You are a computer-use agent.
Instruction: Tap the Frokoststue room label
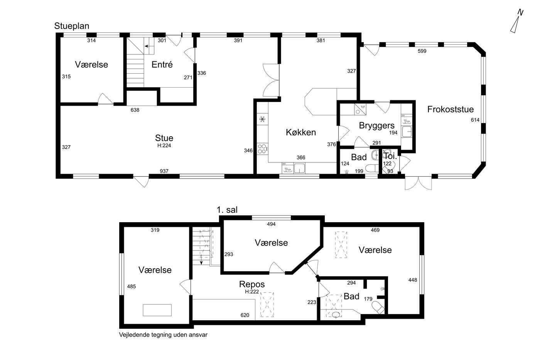451,109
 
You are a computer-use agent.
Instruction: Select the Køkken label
300,132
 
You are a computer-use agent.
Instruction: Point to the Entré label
162,64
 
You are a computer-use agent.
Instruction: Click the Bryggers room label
376,126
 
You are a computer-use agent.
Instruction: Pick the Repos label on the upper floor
251,284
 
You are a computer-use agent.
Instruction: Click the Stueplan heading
72,26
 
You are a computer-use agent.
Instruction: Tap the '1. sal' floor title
227,210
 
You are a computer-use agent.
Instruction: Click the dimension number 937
164,171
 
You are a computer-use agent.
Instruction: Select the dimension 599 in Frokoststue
422,51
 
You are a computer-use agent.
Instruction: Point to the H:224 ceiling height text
164,145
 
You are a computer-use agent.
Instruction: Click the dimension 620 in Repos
245,315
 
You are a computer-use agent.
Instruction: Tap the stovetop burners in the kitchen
262,149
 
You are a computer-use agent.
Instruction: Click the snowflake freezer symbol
262,119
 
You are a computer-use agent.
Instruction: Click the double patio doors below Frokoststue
418,183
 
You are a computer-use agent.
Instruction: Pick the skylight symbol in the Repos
267,304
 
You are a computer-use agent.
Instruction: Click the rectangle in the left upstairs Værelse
157,310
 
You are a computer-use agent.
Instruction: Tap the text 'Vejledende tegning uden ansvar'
163,335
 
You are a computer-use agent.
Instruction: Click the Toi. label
390,156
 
